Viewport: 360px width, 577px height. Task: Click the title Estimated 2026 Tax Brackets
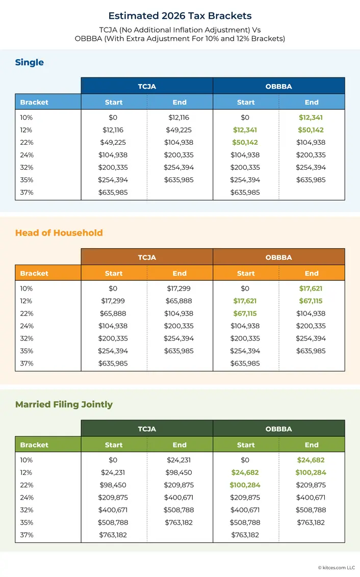tap(179, 16)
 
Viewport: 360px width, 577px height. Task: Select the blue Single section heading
tap(30, 63)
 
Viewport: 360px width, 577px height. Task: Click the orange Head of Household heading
tap(59, 233)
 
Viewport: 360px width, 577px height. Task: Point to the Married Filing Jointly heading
tap(64, 405)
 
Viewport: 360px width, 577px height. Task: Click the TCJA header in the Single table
tap(147, 86)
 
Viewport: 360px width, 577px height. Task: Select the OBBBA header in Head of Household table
tap(278, 257)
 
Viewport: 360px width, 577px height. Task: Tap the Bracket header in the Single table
tap(34, 102)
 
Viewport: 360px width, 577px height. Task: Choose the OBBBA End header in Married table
tap(312, 445)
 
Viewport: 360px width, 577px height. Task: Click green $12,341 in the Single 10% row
tap(311, 118)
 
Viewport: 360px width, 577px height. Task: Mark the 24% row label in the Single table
tap(27, 155)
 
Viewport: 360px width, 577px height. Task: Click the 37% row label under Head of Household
tap(27, 363)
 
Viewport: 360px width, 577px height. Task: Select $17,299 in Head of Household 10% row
tap(179, 288)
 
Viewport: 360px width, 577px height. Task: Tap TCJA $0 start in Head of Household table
tap(113, 288)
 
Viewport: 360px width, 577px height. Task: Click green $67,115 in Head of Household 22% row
tap(245, 313)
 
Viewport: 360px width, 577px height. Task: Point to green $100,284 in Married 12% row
tap(311, 473)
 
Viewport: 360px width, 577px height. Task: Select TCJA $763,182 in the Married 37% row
tap(113, 535)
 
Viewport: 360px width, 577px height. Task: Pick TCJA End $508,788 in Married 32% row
tap(179, 510)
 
